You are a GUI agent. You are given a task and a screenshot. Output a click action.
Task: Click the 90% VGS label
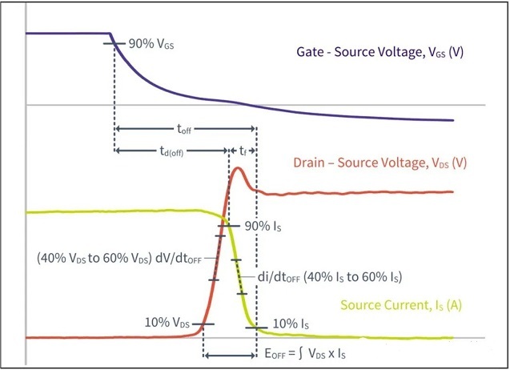151,44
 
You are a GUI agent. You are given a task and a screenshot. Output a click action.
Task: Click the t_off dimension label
183,128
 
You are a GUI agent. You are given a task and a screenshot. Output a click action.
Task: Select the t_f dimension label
243,150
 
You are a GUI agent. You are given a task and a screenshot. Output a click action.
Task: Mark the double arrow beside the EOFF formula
230,353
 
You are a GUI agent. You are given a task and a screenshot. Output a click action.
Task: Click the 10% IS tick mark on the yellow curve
255,327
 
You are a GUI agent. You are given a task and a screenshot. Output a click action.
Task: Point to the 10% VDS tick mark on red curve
203,323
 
